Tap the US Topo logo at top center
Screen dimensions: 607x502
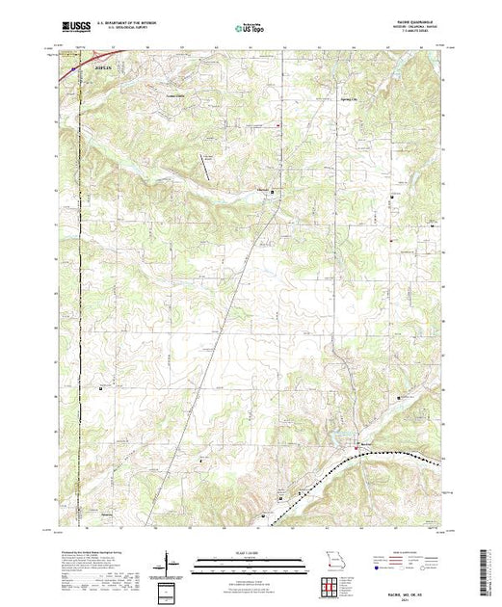(x=251, y=29)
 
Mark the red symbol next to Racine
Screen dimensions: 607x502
(x=355, y=442)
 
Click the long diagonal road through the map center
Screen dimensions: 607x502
(x=222, y=318)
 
